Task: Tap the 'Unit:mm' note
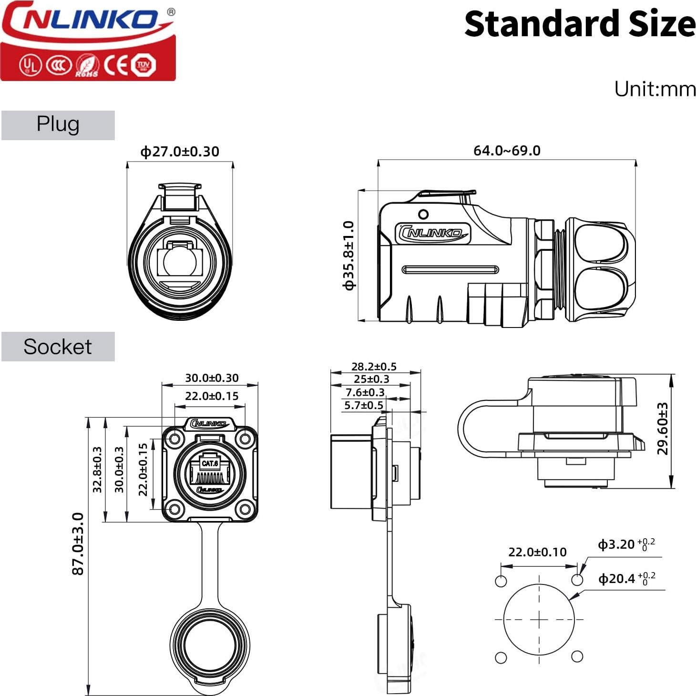[x=655, y=89]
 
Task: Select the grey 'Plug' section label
[x=58, y=125]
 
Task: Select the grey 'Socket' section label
[x=58, y=347]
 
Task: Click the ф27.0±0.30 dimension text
[x=180, y=152]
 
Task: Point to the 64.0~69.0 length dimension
[x=507, y=151]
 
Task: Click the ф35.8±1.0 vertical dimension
[x=349, y=255]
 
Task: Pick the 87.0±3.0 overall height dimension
[x=78, y=543]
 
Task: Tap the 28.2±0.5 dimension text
[x=374, y=366]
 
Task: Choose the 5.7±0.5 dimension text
[x=364, y=405]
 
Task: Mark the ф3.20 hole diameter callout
[x=625, y=544]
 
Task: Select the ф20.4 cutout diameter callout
[x=626, y=579]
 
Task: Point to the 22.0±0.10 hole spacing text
[x=537, y=552]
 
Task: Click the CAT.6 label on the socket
[x=210, y=463]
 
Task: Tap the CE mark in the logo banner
[x=116, y=65]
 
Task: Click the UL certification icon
[x=31, y=65]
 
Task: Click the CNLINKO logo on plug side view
[x=432, y=233]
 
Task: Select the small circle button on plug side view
[x=423, y=214]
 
